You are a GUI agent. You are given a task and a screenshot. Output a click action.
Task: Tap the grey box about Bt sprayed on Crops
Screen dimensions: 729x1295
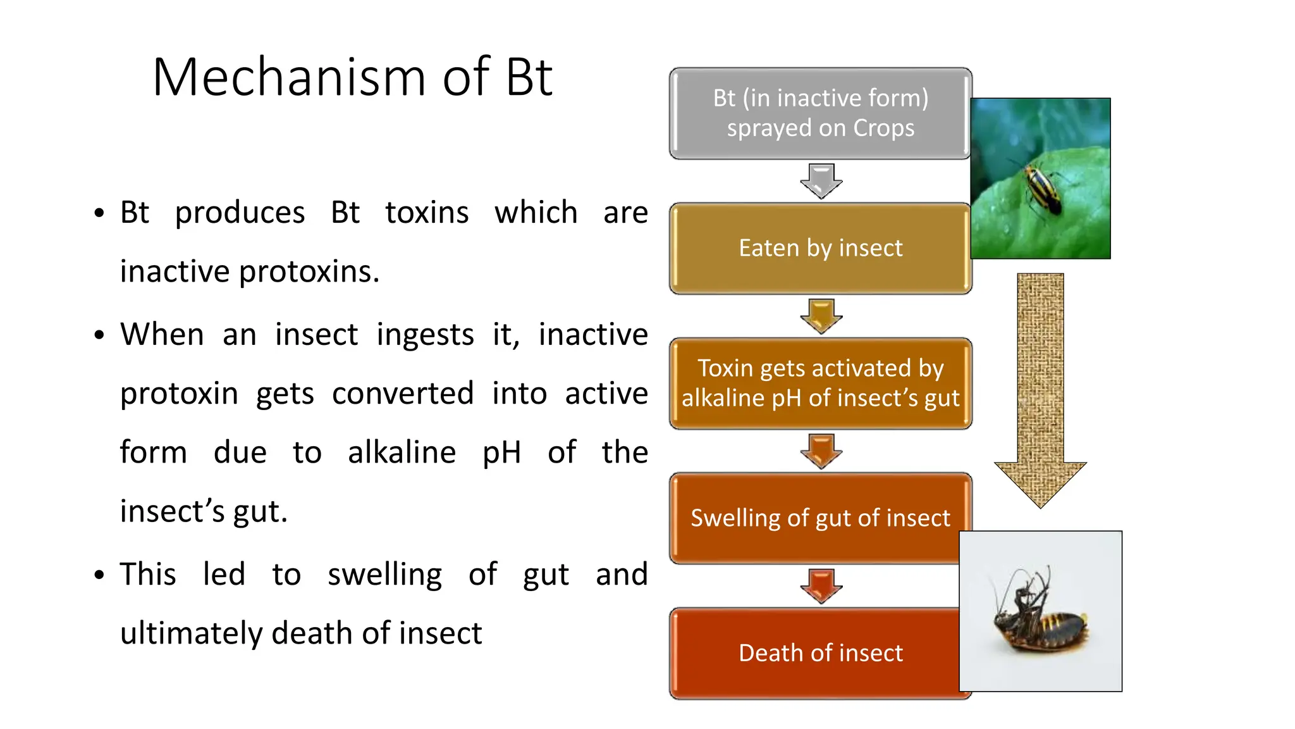(820, 113)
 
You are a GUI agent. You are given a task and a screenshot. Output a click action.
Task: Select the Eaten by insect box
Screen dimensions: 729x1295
(820, 248)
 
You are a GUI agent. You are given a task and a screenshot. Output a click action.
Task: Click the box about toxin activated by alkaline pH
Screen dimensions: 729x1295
(820, 383)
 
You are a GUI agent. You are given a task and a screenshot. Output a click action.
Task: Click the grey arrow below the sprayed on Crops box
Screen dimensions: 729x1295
(821, 180)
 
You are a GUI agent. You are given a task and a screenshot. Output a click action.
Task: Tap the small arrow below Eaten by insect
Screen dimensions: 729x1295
(821, 316)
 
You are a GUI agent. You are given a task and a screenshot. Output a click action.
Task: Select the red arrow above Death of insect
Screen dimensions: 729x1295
(821, 585)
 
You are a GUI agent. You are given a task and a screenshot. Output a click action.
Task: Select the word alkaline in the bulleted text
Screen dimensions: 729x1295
(402, 452)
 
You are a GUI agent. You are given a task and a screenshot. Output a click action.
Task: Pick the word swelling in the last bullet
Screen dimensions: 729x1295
(384, 575)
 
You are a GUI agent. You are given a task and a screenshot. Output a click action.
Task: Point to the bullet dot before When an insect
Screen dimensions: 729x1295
(99, 335)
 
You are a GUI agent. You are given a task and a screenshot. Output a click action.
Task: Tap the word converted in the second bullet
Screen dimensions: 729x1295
(403, 394)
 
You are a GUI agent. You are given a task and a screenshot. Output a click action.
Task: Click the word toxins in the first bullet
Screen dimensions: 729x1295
(427, 213)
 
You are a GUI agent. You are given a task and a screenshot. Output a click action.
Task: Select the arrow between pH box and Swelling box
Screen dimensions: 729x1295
(821, 451)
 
